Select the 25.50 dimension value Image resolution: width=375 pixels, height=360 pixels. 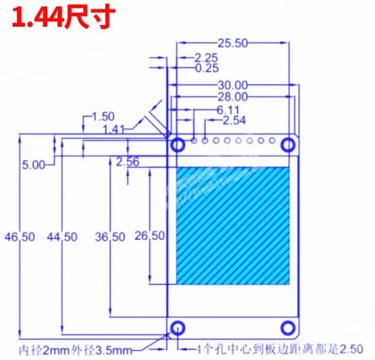(232, 43)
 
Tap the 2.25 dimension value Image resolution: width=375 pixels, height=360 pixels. (206, 58)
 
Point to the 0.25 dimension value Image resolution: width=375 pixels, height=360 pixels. (206, 68)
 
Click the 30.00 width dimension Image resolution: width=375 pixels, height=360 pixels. (232, 85)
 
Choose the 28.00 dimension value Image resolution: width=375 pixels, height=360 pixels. (232, 97)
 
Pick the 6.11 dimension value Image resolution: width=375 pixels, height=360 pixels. (229, 110)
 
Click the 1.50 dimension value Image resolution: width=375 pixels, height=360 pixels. (104, 117)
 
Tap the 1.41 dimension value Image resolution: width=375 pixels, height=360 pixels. (114, 129)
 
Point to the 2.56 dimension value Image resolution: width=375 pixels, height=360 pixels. (127, 161)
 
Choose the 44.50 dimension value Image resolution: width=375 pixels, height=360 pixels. (63, 237)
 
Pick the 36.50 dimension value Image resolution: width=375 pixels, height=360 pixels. (110, 237)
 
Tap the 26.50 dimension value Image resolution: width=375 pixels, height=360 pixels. (149, 235)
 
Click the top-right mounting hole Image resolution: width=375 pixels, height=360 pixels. (289, 144)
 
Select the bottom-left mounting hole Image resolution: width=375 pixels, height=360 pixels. (177, 327)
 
